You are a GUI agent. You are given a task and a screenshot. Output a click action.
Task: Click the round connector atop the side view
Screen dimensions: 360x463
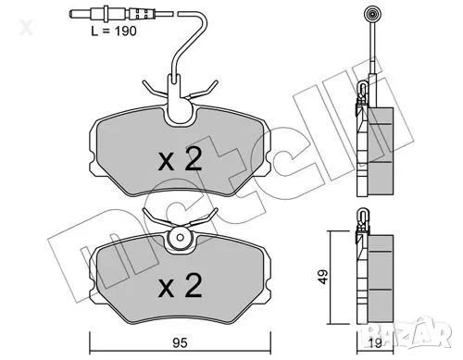pos(373,15)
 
